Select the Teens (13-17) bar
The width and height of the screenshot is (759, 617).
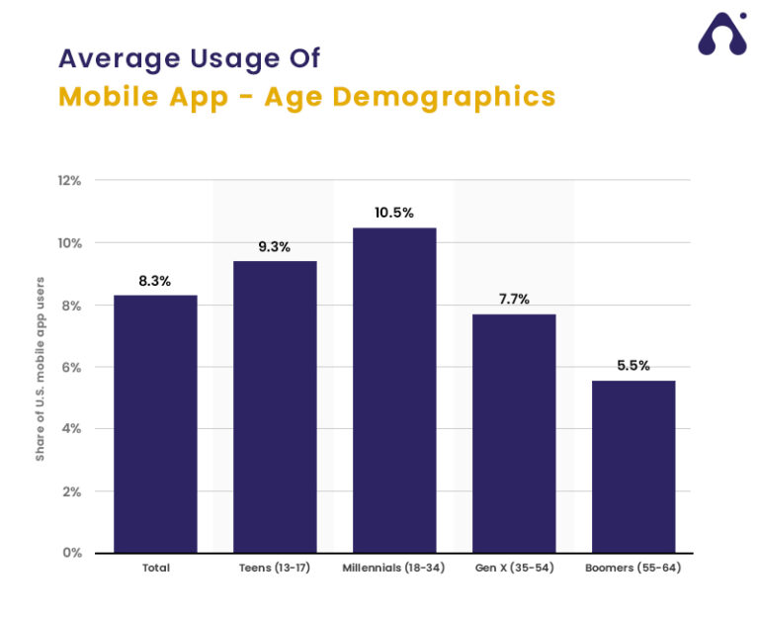[275, 406]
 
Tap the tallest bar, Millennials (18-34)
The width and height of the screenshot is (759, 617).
[394, 390]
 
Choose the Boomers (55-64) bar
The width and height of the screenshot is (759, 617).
[633, 466]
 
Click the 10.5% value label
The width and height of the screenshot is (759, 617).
[394, 213]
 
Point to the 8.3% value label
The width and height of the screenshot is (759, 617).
[155, 281]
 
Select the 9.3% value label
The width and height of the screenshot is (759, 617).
[275, 247]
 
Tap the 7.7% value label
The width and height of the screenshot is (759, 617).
[514, 299]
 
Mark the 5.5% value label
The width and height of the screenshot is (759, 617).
[633, 366]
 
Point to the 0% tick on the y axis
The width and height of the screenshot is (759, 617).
[71, 553]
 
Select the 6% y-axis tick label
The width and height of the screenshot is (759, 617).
[71, 367]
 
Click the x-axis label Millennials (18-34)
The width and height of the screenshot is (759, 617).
[394, 569]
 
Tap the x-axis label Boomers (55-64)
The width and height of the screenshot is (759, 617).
[633, 569]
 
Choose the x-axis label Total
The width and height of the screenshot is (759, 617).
[155, 569]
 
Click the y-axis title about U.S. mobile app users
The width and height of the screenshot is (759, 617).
[41, 367]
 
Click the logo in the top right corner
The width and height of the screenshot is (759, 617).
[722, 35]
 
